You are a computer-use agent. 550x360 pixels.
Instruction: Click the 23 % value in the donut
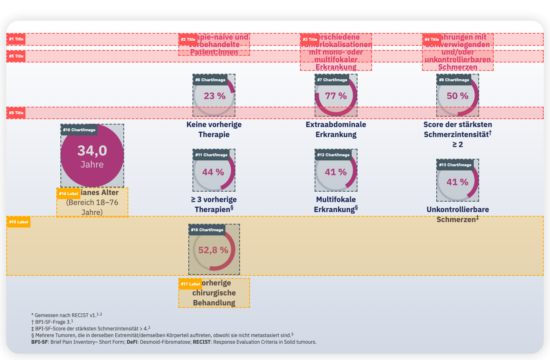215,96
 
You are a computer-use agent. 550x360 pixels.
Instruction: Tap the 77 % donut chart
336,96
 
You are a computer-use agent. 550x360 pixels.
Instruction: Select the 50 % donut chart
457,96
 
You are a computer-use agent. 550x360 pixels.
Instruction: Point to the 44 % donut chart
213,172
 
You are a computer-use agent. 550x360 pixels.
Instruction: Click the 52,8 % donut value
213,250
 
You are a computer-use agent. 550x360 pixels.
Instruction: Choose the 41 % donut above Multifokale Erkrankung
336,172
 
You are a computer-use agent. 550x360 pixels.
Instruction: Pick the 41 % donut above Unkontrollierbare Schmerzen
457,182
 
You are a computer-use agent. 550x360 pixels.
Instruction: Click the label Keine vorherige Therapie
214,130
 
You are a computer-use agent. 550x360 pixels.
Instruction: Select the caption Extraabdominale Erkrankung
336,130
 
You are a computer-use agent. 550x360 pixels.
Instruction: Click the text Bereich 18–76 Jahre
92,207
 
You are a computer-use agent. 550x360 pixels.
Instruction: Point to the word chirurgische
214,293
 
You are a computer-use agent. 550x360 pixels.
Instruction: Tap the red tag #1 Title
16,39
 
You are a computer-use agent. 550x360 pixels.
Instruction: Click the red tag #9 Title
16,112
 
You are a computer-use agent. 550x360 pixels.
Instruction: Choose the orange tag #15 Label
18,222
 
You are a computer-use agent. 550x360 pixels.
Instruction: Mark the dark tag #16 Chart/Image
207,230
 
